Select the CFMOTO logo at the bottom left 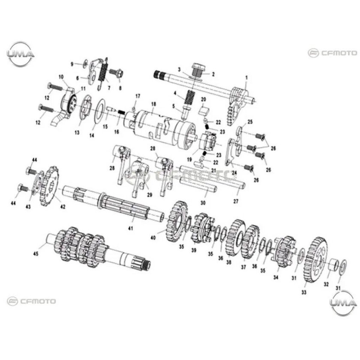[32, 301]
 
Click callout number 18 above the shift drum [153, 104]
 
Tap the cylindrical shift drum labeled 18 [159, 124]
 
